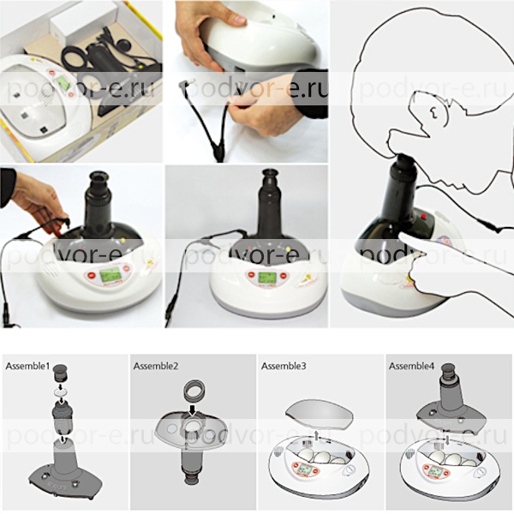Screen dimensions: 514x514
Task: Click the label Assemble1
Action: click(x=27, y=366)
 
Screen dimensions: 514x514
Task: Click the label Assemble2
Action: click(x=156, y=366)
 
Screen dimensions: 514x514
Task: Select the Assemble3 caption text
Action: click(x=284, y=366)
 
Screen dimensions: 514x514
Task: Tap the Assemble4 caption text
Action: click(x=411, y=366)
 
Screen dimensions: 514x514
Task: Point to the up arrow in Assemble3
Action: click(x=316, y=436)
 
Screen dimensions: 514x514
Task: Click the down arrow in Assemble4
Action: click(x=447, y=440)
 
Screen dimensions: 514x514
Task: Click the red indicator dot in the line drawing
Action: click(x=423, y=217)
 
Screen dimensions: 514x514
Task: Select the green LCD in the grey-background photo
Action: click(x=266, y=278)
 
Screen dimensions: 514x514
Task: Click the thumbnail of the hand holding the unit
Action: click(x=247, y=81)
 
